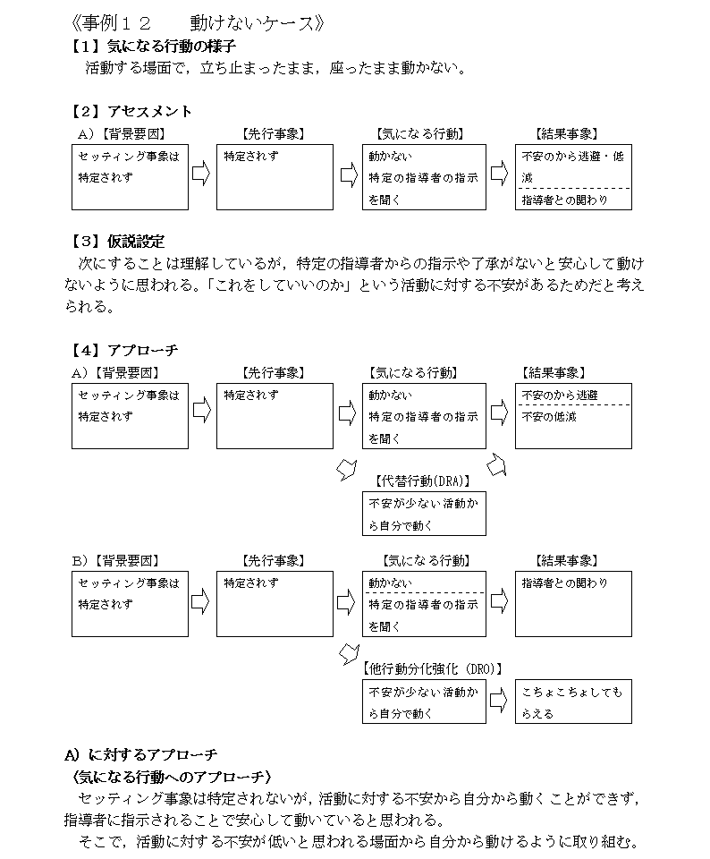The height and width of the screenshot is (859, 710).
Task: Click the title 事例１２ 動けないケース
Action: pos(198,23)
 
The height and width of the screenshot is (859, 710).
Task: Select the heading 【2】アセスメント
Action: pos(131,111)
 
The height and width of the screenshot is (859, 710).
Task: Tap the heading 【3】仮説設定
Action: pos(117,242)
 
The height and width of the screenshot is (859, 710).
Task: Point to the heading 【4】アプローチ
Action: pos(123,350)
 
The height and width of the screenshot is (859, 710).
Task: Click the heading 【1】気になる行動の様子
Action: pos(153,46)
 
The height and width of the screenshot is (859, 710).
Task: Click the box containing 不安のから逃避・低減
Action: pos(573,177)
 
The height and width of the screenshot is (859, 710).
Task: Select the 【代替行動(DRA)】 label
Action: pos(423,481)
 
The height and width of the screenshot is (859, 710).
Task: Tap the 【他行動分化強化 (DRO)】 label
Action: pos(432,668)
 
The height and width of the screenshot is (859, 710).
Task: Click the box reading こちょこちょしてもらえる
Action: pos(573,702)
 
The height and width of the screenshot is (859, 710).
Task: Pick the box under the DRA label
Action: pos(424,514)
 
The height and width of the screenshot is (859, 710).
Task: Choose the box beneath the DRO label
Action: pos(424,702)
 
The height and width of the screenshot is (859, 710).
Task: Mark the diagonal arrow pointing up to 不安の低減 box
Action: pos(496,465)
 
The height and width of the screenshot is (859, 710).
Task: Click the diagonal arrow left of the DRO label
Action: pos(349,653)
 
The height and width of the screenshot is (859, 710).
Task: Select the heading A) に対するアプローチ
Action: pos(140,755)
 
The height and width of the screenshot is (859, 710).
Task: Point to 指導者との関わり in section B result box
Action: pos(564,583)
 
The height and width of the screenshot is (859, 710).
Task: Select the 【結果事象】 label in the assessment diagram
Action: pos(567,133)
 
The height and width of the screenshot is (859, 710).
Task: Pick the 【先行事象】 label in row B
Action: pos(273,560)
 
